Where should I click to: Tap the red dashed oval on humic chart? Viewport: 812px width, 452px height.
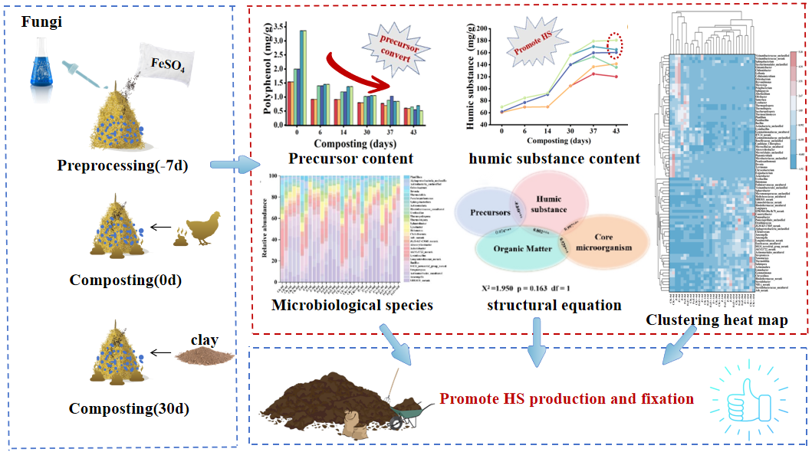(x=616, y=44)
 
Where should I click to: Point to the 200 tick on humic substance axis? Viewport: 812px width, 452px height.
(x=482, y=28)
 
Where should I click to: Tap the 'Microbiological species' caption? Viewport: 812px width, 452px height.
(x=352, y=306)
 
